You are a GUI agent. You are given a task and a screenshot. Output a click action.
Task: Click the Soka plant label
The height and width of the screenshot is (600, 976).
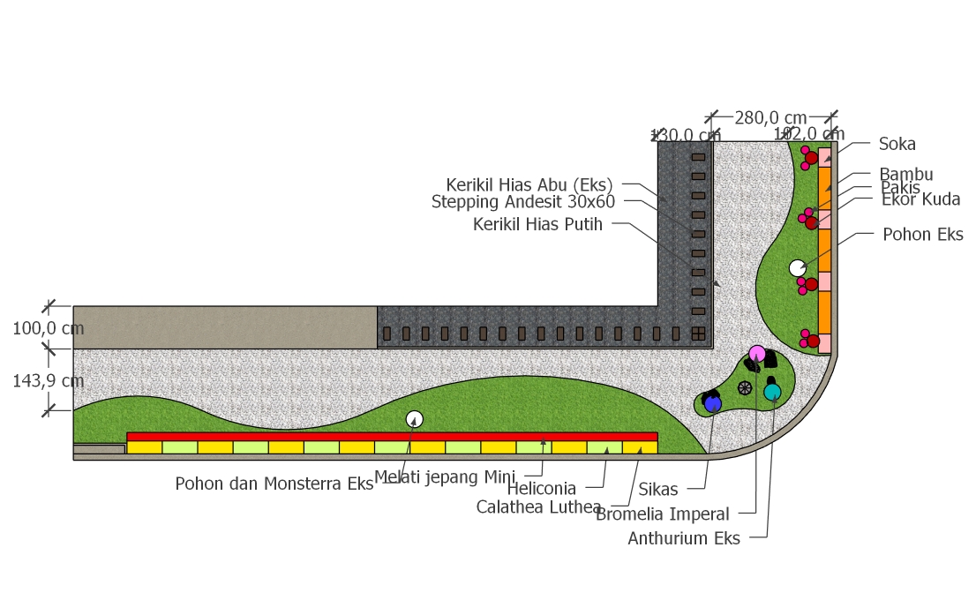[x=897, y=144]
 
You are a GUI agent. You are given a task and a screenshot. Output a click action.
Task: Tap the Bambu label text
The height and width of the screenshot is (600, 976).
[x=905, y=175]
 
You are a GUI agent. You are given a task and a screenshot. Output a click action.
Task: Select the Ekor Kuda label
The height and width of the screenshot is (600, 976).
[x=920, y=199]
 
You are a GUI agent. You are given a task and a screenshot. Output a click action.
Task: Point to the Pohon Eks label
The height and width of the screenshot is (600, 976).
[x=923, y=235]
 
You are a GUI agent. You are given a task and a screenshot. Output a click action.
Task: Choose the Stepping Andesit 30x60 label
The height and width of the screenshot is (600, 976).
[x=522, y=202]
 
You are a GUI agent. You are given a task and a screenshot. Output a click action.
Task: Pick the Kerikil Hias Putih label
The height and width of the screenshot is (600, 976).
[x=537, y=224]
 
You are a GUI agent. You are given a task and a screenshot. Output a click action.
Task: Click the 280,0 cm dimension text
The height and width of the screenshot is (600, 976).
[x=770, y=117]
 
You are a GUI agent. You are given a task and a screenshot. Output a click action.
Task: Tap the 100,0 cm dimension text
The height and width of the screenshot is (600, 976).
[x=49, y=328]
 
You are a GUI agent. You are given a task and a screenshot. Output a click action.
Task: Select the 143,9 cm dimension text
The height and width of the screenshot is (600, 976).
[x=49, y=381]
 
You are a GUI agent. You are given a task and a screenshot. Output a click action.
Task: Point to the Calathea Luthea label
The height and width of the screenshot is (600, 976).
[x=538, y=507]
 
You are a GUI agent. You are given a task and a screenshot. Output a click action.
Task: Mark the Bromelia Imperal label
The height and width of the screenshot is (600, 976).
[x=662, y=514]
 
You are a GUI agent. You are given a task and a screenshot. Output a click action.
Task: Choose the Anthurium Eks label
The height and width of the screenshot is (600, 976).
[x=684, y=538]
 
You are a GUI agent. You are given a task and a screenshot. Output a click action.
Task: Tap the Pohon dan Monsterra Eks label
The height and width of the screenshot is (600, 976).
[x=274, y=484]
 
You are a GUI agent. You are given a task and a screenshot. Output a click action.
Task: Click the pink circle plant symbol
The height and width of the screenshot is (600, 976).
[x=757, y=354]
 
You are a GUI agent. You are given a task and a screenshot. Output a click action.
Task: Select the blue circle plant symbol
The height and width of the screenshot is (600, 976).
[x=713, y=404]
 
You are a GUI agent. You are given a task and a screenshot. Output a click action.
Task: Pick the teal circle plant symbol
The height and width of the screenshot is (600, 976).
[x=772, y=391]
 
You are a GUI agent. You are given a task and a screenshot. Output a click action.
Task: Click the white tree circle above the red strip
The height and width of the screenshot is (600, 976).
[x=414, y=419]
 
